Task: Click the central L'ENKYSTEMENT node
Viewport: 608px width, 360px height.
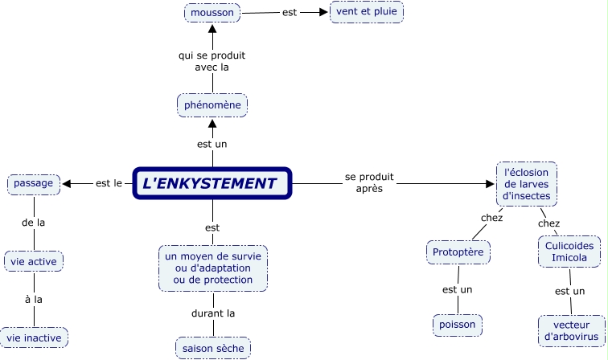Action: click(211, 184)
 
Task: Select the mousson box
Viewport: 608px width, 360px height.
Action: click(212, 13)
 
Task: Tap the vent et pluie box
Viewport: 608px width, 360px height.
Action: click(367, 13)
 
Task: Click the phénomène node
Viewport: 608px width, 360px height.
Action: click(212, 105)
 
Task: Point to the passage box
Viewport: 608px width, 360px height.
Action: click(34, 183)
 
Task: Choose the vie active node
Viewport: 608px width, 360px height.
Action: click(34, 261)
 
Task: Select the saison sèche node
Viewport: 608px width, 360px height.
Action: click(213, 348)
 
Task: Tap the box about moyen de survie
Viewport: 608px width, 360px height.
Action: click(213, 268)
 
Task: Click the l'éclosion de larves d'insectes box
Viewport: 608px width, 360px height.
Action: click(528, 183)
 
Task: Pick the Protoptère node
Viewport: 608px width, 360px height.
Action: click(458, 252)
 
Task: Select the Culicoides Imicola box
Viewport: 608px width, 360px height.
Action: click(569, 252)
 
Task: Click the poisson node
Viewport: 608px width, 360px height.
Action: click(458, 325)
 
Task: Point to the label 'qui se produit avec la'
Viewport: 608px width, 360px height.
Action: click(212, 61)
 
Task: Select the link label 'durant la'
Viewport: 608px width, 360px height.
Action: click(213, 313)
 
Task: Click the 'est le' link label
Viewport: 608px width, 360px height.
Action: click(109, 183)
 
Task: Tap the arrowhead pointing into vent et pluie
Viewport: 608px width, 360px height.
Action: click(324, 13)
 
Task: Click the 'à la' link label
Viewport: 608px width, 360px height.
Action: click(34, 299)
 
